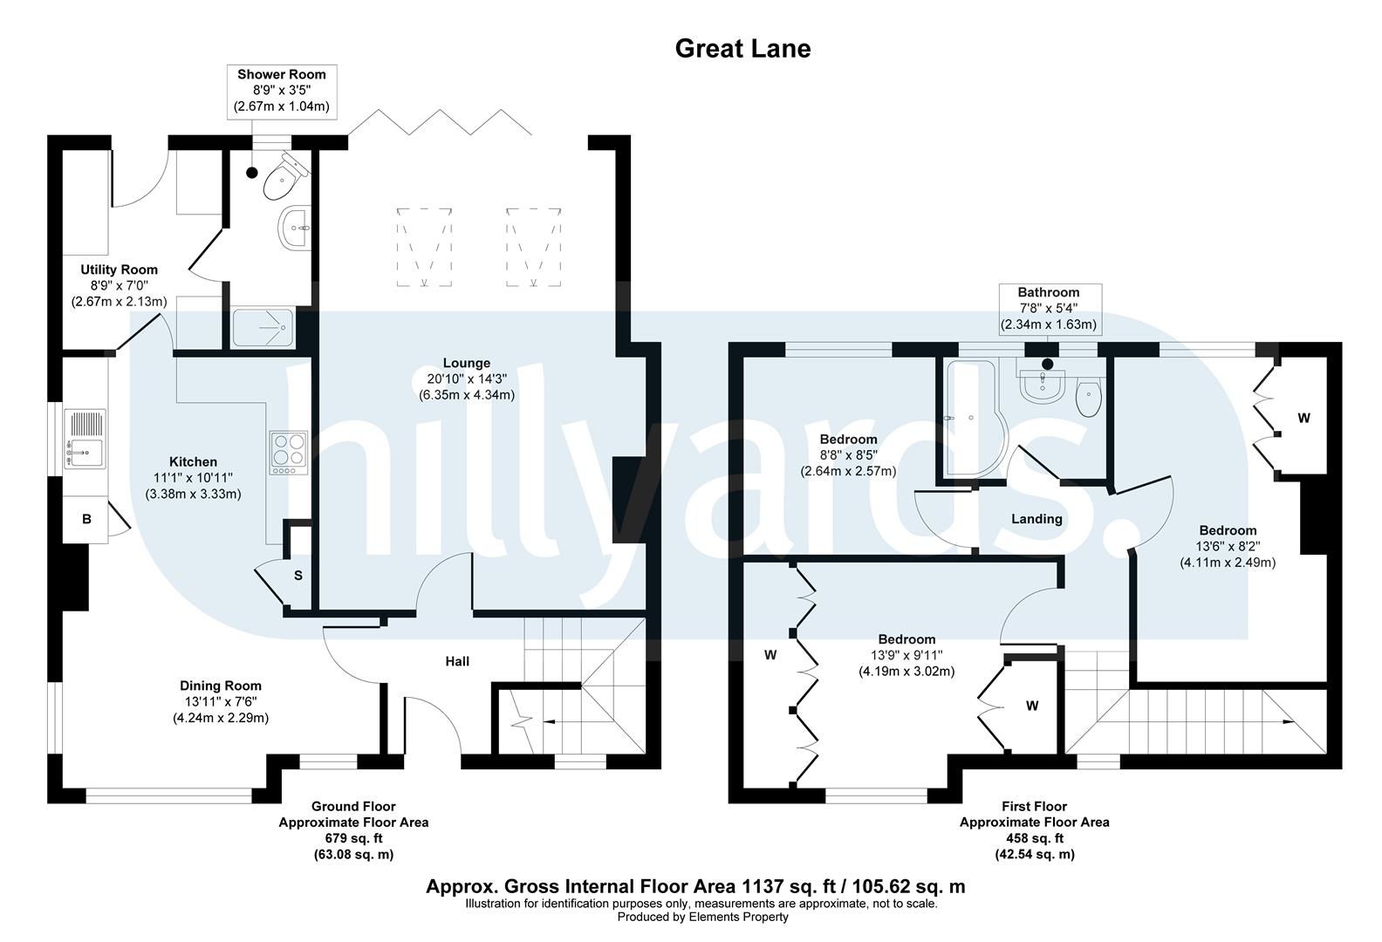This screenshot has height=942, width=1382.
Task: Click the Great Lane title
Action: coord(742,48)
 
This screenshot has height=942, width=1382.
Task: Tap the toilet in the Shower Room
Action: coord(283,178)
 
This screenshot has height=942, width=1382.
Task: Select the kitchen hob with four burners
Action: coord(288,453)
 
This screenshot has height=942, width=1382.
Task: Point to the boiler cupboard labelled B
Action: coord(86,520)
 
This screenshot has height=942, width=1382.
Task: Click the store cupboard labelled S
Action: coord(298,576)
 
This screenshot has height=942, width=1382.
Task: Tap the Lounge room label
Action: coord(467,363)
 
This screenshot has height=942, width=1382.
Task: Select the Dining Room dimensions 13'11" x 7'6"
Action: coord(220,702)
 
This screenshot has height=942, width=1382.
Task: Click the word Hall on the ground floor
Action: coord(457,661)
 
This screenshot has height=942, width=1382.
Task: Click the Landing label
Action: coord(1036,519)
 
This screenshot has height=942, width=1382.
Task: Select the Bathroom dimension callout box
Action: coord(1048,309)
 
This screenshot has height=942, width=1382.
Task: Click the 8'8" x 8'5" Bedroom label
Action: coord(848,439)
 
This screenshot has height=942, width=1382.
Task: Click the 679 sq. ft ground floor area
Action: coord(353,838)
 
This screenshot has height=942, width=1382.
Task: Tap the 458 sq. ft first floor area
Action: coord(1034,838)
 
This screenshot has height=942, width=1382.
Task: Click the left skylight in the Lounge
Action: coord(425,247)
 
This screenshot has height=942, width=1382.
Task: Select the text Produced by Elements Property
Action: coord(702,917)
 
